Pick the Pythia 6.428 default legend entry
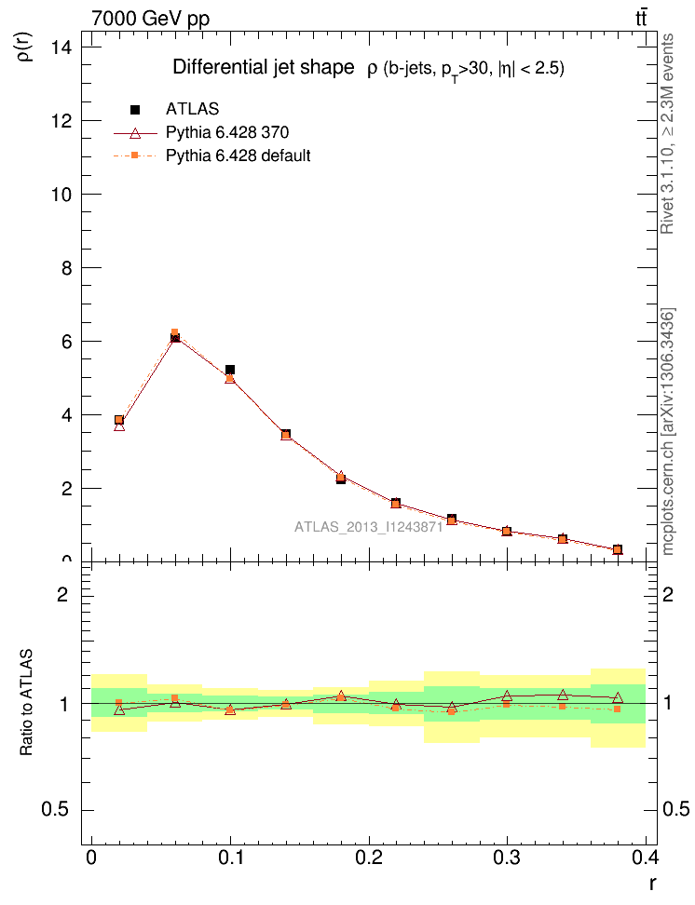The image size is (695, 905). point(238,155)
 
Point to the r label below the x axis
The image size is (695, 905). point(652,881)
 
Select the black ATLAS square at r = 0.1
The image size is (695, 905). point(230,371)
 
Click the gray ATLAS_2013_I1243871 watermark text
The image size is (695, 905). point(368,527)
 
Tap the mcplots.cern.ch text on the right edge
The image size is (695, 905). point(668,432)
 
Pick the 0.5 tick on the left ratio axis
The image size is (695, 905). point(61,809)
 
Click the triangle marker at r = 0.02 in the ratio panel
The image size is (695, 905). point(118,709)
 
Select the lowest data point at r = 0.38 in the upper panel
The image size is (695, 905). point(618,550)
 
